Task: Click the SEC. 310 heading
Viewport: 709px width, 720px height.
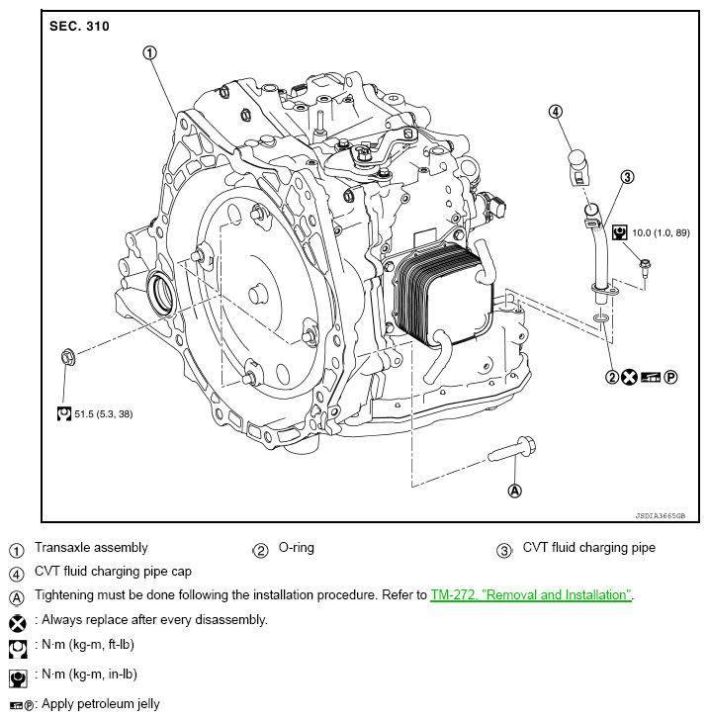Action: coord(79,26)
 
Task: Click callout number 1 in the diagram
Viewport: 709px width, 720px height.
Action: coord(150,52)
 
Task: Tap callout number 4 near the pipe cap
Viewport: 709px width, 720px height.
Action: coord(555,111)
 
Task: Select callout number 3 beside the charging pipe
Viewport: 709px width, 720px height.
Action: coord(626,177)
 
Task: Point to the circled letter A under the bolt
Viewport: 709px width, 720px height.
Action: coord(514,490)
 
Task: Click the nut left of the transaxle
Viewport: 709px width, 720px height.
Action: coord(68,355)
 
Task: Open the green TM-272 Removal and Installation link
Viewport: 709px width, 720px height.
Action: coord(531,595)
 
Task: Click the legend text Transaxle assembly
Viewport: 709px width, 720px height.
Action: coord(91,547)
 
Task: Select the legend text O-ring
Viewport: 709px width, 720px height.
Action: coord(297,547)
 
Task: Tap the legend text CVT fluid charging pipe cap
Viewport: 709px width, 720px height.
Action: coord(113,571)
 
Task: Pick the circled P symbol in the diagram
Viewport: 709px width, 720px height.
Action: coord(671,376)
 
